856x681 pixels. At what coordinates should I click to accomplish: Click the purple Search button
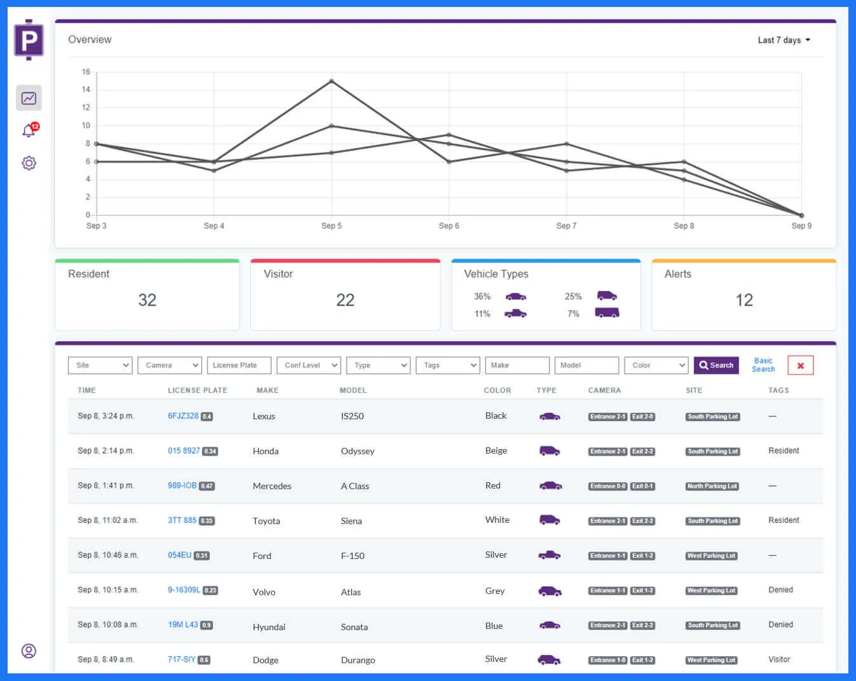716,365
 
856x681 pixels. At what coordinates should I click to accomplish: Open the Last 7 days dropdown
784,40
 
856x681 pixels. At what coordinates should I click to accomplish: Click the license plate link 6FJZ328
183,416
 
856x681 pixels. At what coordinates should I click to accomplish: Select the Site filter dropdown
100,365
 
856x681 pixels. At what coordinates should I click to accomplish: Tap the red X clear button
800,365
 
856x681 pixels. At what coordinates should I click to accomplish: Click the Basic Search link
763,365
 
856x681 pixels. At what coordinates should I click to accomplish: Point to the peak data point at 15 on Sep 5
331,81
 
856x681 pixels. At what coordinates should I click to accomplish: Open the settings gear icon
29,163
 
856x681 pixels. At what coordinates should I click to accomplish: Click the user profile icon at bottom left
29,651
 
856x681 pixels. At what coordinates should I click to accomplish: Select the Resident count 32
147,300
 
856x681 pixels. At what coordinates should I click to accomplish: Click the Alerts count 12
744,300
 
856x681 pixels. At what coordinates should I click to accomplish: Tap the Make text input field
517,365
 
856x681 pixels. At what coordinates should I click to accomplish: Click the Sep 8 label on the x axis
683,226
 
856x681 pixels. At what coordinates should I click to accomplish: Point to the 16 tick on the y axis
86,72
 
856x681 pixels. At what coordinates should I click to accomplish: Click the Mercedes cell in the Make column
272,486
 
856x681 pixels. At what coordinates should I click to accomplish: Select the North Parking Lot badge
712,486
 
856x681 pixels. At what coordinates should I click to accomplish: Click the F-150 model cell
352,556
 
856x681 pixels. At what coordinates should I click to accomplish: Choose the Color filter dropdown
656,365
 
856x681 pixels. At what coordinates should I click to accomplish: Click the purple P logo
29,40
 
